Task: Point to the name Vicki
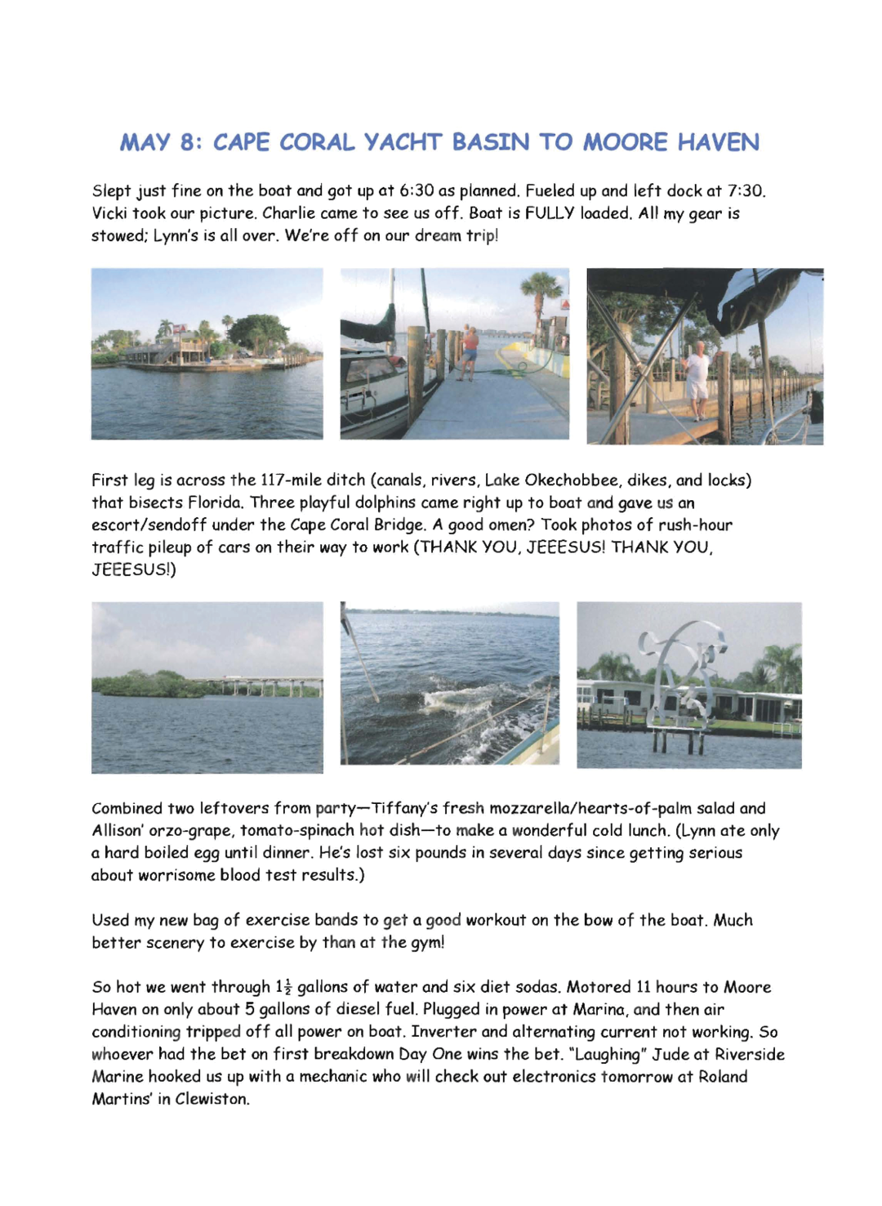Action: pos(109,213)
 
